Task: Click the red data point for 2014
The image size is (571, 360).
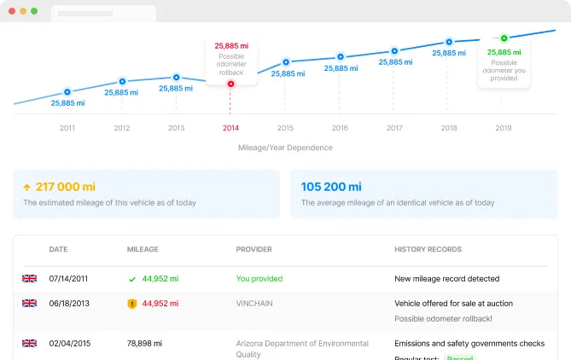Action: coord(231,84)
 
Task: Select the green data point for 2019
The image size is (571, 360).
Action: coord(504,38)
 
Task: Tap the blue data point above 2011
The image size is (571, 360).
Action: coord(67,91)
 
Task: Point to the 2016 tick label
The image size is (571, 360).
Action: coord(340,128)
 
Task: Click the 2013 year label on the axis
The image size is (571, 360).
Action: coord(176,128)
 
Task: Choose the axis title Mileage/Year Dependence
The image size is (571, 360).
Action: coord(285,148)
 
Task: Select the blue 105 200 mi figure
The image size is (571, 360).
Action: coord(331,187)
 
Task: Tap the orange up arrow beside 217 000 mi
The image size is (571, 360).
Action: coord(26,187)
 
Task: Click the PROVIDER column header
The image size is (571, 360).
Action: coord(253,250)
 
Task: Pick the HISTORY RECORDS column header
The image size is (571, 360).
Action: coord(428,250)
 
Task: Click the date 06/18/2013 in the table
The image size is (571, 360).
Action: coord(70,303)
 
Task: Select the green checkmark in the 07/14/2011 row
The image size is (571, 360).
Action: coord(131,279)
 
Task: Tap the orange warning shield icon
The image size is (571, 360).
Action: coord(131,303)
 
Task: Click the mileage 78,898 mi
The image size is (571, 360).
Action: coord(144,344)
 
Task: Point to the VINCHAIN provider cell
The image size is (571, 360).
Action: coord(256,303)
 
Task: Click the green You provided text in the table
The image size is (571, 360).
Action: coord(259,279)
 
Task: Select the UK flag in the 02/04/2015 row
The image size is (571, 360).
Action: coord(30,344)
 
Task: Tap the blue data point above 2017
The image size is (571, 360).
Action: coord(393,50)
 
